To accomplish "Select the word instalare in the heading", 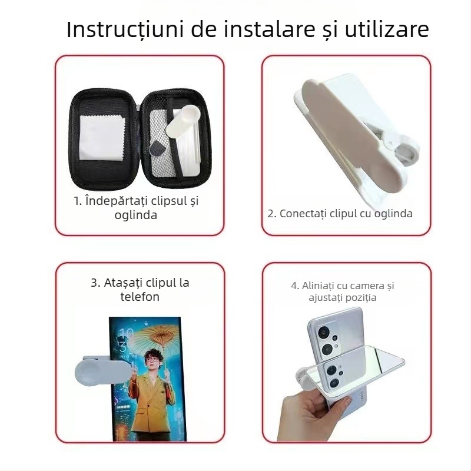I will coord(263,29).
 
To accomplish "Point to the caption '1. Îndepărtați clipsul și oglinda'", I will coord(136,207).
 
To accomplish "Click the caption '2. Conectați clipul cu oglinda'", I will coord(340,213).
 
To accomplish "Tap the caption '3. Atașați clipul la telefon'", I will coord(140,289).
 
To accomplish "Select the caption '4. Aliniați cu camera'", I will coord(342,291).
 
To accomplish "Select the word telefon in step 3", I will coord(140,297).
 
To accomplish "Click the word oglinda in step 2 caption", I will coord(392,213).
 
